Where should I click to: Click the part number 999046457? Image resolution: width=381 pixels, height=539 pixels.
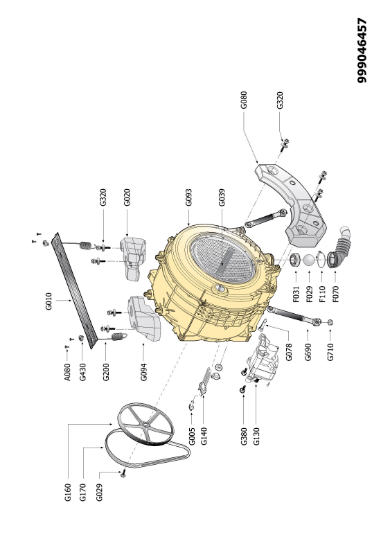[362, 51]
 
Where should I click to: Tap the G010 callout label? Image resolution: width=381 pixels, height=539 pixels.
[48, 301]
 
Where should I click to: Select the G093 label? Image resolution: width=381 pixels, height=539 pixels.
[188, 197]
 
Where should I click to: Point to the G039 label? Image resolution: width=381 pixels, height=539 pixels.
[222, 197]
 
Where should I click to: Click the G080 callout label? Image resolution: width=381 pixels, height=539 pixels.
[244, 100]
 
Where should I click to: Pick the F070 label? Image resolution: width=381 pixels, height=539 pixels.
[336, 294]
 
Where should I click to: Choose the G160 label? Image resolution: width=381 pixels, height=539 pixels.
[68, 493]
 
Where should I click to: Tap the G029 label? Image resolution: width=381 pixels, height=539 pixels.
[99, 493]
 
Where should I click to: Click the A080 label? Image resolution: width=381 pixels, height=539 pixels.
[67, 372]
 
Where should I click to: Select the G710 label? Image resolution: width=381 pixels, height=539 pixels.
[330, 352]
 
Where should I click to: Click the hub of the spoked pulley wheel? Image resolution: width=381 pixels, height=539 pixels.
[146, 427]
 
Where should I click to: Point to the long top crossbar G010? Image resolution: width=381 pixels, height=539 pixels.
[73, 290]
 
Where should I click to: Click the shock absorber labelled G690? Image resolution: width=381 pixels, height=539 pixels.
[294, 315]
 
